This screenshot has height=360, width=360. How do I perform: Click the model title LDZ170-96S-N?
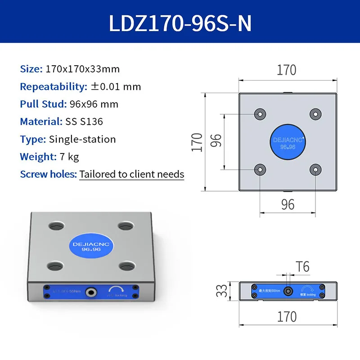[x=180, y=23]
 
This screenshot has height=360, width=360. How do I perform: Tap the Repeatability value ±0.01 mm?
[x=116, y=87]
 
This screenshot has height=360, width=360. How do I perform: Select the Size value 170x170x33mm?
[x=83, y=69]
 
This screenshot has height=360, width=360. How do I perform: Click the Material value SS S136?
[x=87, y=121]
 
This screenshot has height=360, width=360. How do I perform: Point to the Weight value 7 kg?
[x=69, y=157]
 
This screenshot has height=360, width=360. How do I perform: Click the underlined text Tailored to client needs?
[x=132, y=174]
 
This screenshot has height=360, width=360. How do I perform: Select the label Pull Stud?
[x=43, y=104]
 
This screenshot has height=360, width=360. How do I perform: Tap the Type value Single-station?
[x=82, y=139]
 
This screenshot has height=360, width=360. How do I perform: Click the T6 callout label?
[x=302, y=267]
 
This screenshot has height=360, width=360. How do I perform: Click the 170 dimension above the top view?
[x=287, y=70]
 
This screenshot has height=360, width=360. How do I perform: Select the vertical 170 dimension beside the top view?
[x=197, y=142]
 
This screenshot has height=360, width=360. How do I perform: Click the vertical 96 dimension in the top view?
[x=216, y=142]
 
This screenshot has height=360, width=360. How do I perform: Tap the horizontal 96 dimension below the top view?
[x=288, y=205]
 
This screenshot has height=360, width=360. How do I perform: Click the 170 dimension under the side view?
[x=287, y=316]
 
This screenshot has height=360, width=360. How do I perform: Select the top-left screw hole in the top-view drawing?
[x=260, y=114]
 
